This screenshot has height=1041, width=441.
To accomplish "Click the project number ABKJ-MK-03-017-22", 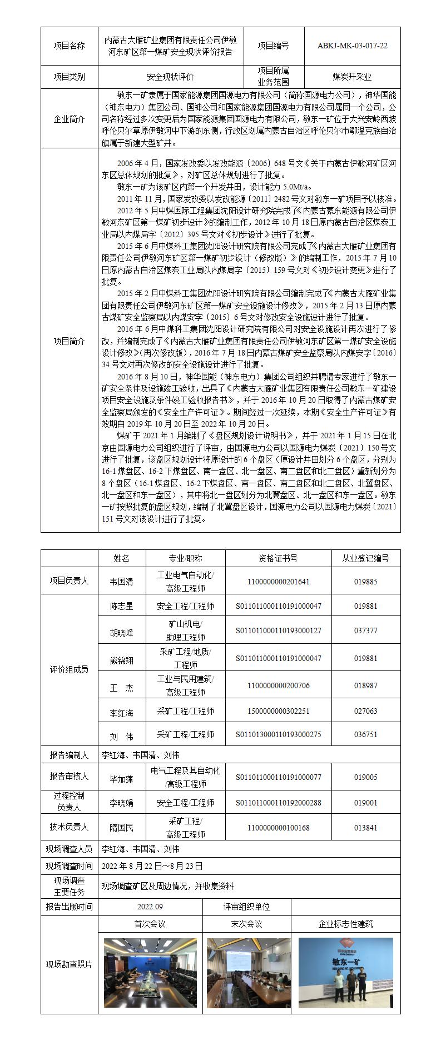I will pyautogui.click(x=352, y=46).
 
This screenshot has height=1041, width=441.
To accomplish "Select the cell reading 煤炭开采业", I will pyautogui.click(x=352, y=77).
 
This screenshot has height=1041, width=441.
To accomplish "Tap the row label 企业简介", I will pyautogui.click(x=70, y=119).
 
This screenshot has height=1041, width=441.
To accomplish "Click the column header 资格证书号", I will pyautogui.click(x=278, y=558).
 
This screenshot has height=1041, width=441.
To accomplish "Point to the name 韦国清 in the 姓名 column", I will pyautogui.click(x=122, y=582).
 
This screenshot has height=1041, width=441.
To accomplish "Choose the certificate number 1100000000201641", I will pyautogui.click(x=278, y=582).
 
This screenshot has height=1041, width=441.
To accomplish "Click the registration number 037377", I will pyautogui.click(x=365, y=630).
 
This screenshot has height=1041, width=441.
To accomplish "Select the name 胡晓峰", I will pyautogui.click(x=122, y=633).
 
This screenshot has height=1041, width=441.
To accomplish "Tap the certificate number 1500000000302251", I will pyautogui.click(x=278, y=711).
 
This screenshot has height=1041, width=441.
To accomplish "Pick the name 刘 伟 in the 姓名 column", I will pyautogui.click(x=122, y=737).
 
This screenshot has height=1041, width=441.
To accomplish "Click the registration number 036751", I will pyautogui.click(x=365, y=734).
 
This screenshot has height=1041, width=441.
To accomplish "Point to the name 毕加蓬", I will pyautogui.click(x=122, y=779).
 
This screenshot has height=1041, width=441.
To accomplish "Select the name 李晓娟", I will pyautogui.click(x=122, y=803).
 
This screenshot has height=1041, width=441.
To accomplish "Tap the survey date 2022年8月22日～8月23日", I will pyautogui.click(x=152, y=866).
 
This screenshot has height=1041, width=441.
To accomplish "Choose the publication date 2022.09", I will pyautogui.click(x=150, y=907).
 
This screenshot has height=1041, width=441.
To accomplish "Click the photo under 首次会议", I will pyautogui.click(x=150, y=972).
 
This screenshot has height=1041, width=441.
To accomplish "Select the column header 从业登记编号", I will pyautogui.click(x=365, y=558).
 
